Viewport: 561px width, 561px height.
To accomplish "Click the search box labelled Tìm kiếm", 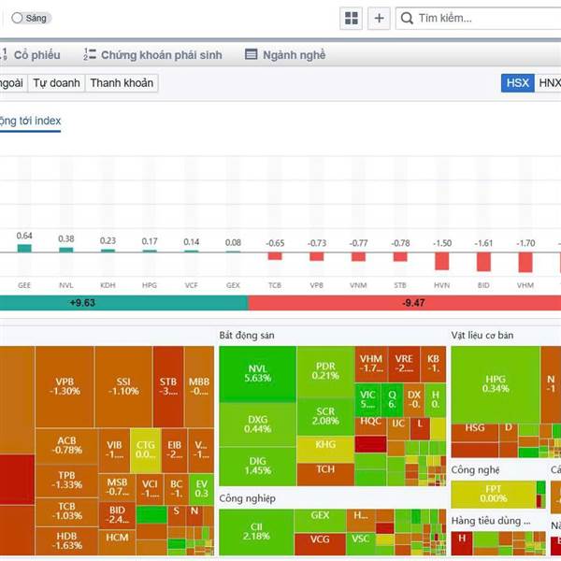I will pos(477,18).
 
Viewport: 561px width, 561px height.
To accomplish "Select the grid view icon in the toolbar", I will pos(352,18).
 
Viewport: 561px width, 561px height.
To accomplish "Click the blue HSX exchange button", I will pos(517,83).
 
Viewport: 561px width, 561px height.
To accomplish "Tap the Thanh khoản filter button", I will pos(122,83).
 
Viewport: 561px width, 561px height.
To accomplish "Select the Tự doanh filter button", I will pos(57,83).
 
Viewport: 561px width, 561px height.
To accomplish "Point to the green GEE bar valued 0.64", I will pos(24,248).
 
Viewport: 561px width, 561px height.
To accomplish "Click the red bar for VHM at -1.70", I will pos(525,261).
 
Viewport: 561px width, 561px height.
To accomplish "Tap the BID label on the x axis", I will pos(483,284).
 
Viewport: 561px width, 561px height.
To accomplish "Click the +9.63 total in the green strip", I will pos(82,303).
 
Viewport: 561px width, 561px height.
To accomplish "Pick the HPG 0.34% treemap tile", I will pos(496,383).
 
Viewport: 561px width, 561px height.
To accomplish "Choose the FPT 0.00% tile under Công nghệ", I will pos(493,493).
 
